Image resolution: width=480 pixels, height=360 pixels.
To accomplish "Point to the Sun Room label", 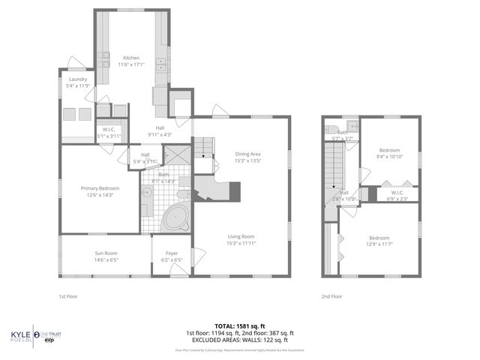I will tap(106, 256).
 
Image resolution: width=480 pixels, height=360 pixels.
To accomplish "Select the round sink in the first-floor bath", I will tap(147, 193).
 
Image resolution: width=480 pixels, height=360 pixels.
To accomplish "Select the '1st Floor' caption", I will tap(69, 296).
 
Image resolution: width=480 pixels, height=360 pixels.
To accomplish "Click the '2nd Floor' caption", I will tap(331, 296).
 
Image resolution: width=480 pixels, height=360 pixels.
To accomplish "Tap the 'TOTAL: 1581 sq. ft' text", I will tap(240, 326).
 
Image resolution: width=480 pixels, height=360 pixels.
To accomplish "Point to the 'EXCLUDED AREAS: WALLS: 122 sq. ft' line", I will tap(240, 340).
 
